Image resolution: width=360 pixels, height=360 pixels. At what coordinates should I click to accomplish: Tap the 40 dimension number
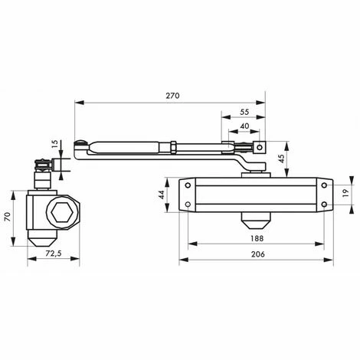tap(244, 126)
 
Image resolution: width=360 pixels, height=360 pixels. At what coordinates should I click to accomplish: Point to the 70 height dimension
tap(10, 216)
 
